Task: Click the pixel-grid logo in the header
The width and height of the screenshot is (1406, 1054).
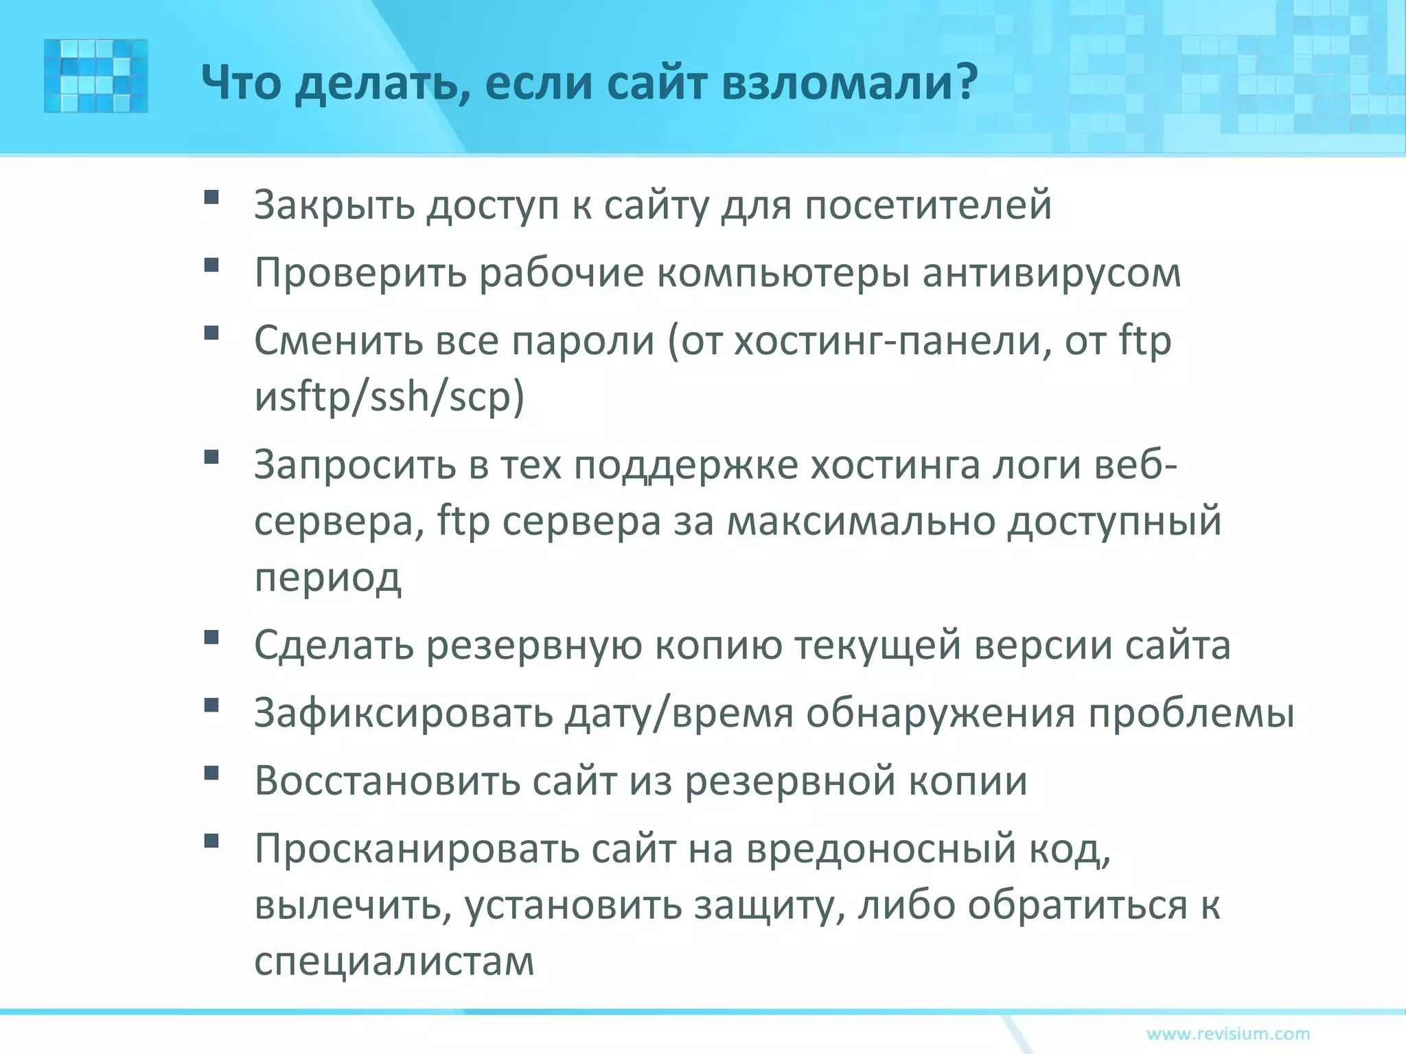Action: coord(96,75)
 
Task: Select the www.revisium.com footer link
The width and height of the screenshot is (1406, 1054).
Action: coord(1228,1033)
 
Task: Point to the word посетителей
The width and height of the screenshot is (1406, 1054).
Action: coord(928,204)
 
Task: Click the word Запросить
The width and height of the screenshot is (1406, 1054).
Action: coord(354,465)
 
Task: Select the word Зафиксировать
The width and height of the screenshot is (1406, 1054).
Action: coord(404,714)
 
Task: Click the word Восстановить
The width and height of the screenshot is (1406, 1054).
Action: coord(386,782)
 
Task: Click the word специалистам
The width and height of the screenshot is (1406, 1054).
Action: coord(394,962)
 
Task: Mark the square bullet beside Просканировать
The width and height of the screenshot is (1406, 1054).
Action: coord(211,841)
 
